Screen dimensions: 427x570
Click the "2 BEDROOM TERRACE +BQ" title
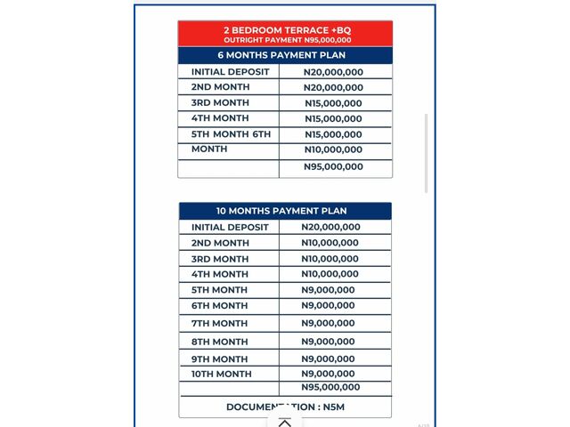tap(285, 30)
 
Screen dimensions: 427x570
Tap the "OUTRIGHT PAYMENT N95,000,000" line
tap(285, 40)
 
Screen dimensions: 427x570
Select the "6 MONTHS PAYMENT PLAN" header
tap(285, 55)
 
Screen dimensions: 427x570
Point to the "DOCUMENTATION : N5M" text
tap(285, 407)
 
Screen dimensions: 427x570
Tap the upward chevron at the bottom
tap(285, 423)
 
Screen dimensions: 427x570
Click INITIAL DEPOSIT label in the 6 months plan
tap(230, 72)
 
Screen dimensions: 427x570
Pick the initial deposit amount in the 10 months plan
tap(330, 227)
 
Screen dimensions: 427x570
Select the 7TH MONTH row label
tap(219, 323)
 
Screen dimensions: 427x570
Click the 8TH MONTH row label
tap(219, 342)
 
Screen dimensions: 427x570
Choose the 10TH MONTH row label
tap(222, 374)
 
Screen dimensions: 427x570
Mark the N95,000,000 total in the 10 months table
tap(330, 387)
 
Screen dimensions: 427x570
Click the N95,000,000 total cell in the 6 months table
tap(333, 166)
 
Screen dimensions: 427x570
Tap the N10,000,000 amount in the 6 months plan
tap(333, 149)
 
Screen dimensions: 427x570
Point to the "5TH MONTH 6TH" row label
tap(231, 134)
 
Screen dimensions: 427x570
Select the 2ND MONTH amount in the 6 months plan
tap(333, 87)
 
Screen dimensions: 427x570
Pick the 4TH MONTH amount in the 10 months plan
tap(330, 274)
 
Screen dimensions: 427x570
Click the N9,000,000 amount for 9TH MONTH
tap(328, 359)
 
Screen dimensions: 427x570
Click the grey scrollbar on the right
tap(426, 151)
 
